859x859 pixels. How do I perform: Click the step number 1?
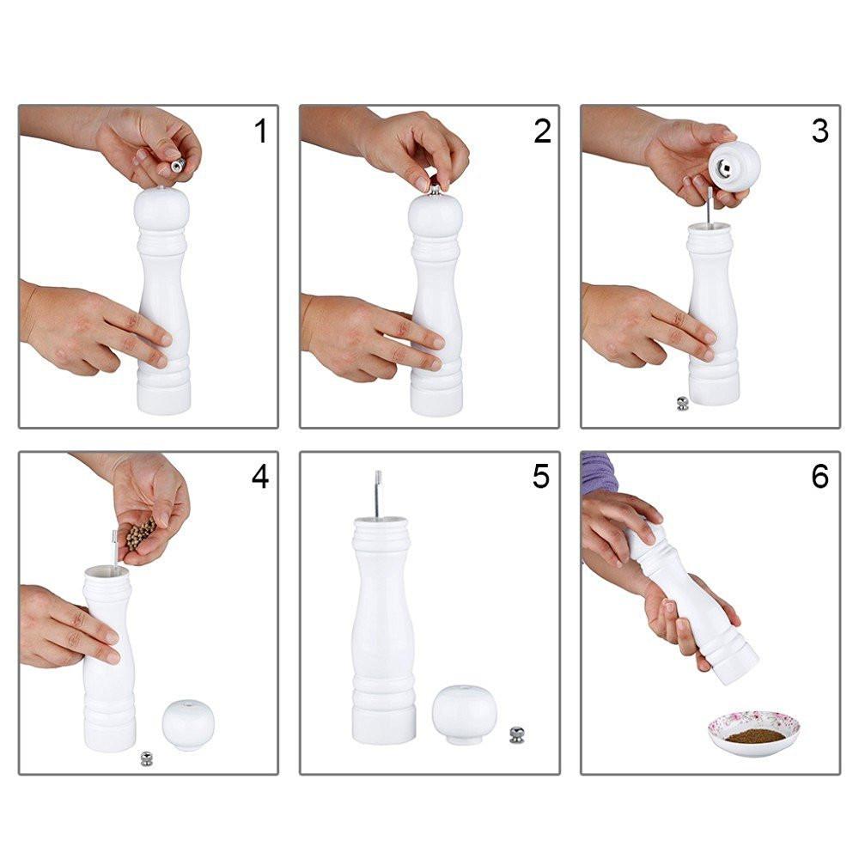click(x=261, y=131)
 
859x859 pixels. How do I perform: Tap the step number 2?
click(x=542, y=131)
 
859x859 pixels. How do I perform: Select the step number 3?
click(x=820, y=131)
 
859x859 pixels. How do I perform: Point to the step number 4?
click(x=260, y=477)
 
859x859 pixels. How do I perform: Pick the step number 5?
click(x=540, y=477)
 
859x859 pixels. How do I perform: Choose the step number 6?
click(x=820, y=477)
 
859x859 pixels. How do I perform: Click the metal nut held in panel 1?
click(x=178, y=165)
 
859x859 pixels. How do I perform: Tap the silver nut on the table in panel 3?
click(x=683, y=403)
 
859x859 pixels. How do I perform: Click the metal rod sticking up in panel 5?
click(x=377, y=494)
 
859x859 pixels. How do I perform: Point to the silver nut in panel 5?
click(x=516, y=734)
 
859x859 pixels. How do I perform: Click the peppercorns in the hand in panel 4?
click(x=140, y=534)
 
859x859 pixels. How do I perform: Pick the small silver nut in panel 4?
click(x=146, y=758)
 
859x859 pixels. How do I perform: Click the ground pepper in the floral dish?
click(x=754, y=736)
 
